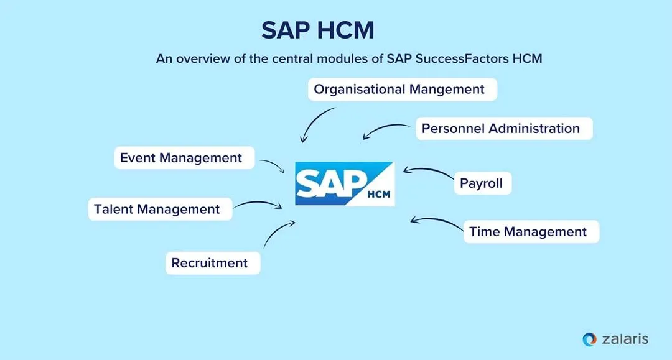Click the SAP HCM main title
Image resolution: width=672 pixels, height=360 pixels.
[318, 30]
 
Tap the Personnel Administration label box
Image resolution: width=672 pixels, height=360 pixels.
[504, 129]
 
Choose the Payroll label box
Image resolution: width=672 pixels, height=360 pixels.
[482, 183]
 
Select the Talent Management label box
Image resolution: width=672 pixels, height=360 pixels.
[160, 210]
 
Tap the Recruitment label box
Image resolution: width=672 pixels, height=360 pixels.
[212, 263]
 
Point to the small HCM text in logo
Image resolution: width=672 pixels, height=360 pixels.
[378, 194]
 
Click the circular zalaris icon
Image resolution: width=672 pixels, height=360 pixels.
[589, 339]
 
